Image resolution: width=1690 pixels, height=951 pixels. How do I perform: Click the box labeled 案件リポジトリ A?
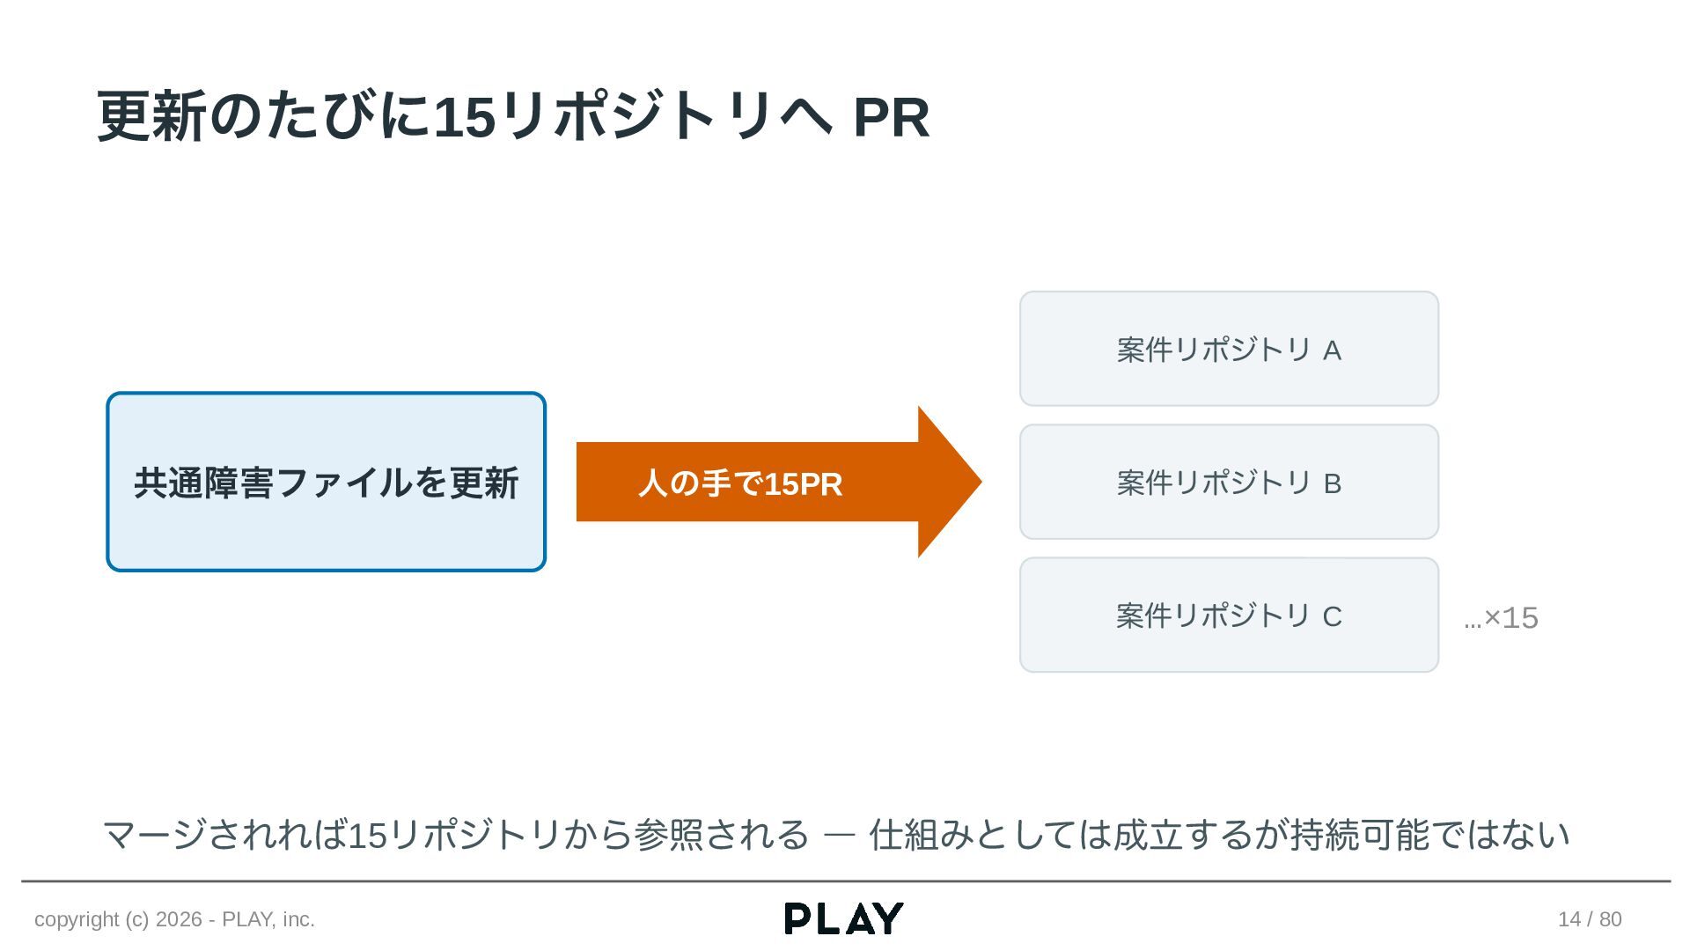[x=1229, y=349]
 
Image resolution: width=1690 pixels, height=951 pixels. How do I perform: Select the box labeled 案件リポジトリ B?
[x=1229, y=482]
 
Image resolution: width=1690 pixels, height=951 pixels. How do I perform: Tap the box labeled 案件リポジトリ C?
[x=1229, y=615]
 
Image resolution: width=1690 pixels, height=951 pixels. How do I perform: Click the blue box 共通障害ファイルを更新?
[x=327, y=482]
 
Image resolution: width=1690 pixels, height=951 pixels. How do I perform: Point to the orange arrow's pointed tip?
[x=981, y=482]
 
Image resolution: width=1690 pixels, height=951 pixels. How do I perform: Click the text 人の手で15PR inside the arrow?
[x=740, y=483]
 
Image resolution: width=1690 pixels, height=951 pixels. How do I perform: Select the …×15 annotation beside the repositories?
[x=1501, y=618]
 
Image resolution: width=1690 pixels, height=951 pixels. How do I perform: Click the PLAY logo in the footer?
[x=844, y=918]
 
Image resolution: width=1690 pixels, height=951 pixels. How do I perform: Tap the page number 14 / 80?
[x=1590, y=919]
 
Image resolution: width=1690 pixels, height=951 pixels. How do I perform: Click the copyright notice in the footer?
[x=174, y=919]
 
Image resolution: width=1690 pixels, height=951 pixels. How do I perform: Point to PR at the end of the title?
[x=892, y=117]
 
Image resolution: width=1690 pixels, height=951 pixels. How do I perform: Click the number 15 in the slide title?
[x=465, y=117]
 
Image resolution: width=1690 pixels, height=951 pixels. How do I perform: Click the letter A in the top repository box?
[x=1332, y=350]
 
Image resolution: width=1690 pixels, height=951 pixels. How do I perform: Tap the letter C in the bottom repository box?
[x=1332, y=616]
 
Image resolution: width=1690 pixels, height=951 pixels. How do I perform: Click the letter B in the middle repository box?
[x=1332, y=483]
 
